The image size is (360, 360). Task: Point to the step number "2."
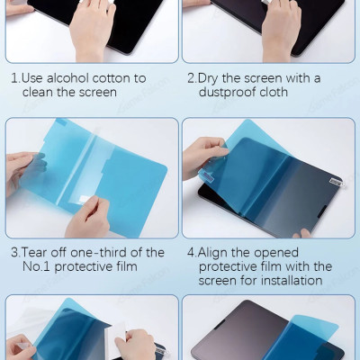(191, 78)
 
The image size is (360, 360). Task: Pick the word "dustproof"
(228, 93)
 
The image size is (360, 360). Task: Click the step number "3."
(15, 252)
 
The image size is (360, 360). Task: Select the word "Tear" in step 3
(37, 252)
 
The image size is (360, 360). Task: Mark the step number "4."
(191, 252)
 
